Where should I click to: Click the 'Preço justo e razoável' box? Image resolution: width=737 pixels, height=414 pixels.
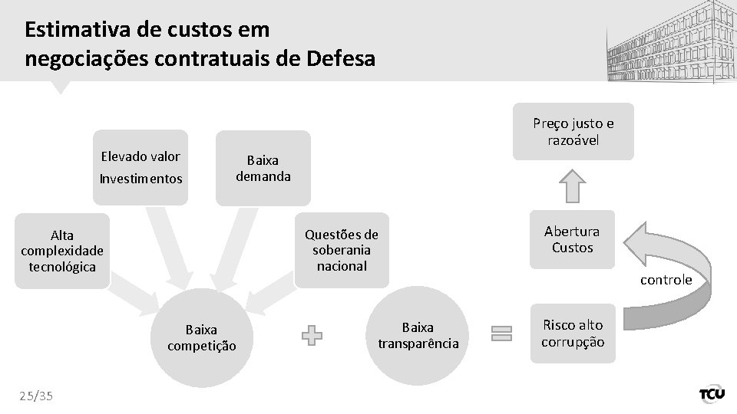(x=573, y=132)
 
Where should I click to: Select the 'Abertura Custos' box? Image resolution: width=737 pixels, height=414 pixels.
(x=572, y=239)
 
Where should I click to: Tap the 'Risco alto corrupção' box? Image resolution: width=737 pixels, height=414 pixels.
(x=573, y=333)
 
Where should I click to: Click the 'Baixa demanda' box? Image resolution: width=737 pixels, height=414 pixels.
(x=263, y=168)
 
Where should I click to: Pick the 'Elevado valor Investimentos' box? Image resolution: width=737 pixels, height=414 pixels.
(x=140, y=167)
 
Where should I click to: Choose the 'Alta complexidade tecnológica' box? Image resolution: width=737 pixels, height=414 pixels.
(x=62, y=251)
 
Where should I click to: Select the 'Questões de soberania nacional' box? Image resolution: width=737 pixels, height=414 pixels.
(x=342, y=250)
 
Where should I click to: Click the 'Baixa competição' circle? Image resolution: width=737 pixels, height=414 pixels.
(x=202, y=337)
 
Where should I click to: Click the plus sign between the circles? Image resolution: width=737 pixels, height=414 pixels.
(x=312, y=335)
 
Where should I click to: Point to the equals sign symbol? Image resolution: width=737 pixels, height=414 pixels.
(x=501, y=333)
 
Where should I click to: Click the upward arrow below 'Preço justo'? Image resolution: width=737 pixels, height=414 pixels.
(x=573, y=186)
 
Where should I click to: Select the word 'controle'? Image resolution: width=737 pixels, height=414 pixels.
(x=666, y=280)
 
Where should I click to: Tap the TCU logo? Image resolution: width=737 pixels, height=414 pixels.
(x=711, y=394)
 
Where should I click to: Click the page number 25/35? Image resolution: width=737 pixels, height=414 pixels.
(x=37, y=395)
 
